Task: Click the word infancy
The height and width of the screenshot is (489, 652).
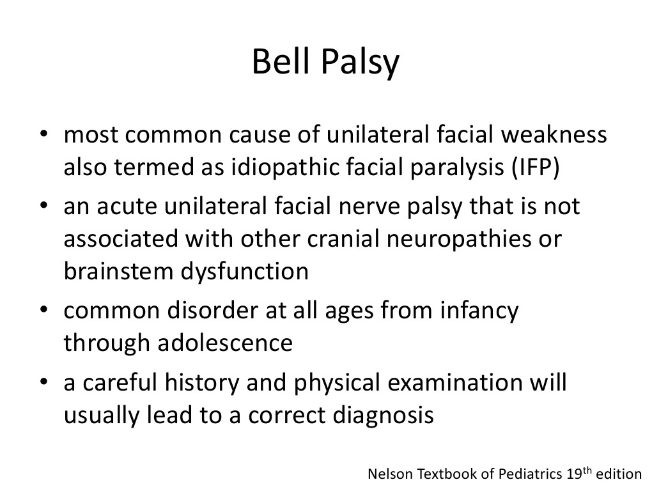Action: (479, 311)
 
